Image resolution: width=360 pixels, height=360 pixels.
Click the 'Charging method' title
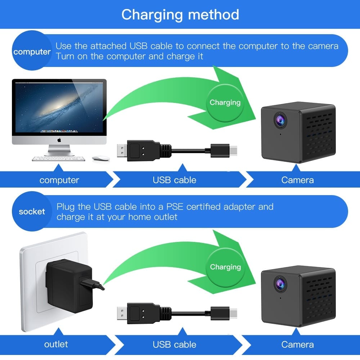click(x=180, y=14)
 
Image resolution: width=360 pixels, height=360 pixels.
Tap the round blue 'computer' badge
click(x=32, y=52)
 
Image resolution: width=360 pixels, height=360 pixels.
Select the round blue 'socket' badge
click(x=32, y=212)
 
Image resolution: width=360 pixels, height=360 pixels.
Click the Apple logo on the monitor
click(x=59, y=139)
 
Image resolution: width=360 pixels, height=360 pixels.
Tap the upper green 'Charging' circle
click(x=225, y=103)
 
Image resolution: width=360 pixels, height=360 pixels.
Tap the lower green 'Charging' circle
click(x=225, y=267)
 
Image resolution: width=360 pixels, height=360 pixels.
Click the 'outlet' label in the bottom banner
click(x=56, y=344)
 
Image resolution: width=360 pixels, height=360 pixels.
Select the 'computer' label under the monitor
click(x=59, y=180)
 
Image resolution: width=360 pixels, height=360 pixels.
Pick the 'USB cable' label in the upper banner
click(x=175, y=180)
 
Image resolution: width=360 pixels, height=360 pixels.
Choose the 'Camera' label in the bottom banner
click(x=297, y=344)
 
